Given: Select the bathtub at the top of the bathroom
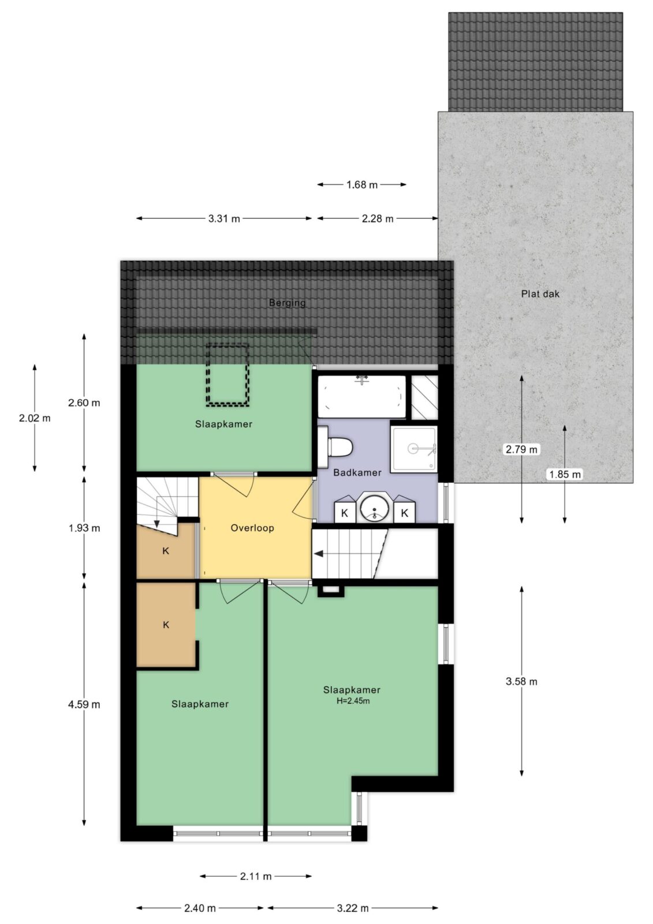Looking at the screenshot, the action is pyautogui.click(x=362, y=397).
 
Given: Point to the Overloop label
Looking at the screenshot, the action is pyautogui.click(x=252, y=528).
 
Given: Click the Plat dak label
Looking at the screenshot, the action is pyautogui.click(x=540, y=294).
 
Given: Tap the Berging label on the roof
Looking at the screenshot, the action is pyautogui.click(x=287, y=303).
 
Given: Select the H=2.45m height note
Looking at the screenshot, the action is pyautogui.click(x=353, y=701).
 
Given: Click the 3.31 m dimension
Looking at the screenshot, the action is pyautogui.click(x=224, y=219).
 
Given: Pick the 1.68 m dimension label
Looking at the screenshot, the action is pyautogui.click(x=362, y=185).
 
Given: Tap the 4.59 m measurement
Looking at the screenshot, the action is pyautogui.click(x=84, y=704).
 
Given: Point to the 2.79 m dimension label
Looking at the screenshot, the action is pyautogui.click(x=522, y=449).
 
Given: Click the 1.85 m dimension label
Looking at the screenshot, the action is pyautogui.click(x=565, y=474).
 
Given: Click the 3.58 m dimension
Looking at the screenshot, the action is pyautogui.click(x=522, y=681).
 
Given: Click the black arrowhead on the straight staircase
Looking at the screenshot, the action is pyautogui.click(x=319, y=554).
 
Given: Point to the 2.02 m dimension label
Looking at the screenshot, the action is pyautogui.click(x=35, y=418).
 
